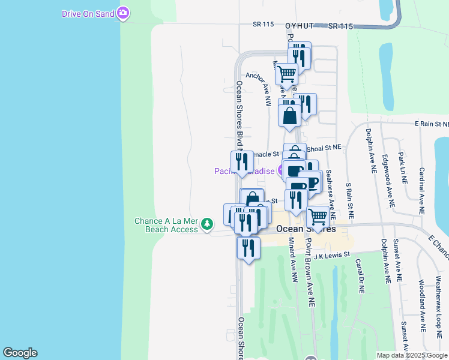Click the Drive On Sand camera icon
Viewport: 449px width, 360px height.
(x=124, y=13)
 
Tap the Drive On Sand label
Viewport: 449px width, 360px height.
(x=88, y=13)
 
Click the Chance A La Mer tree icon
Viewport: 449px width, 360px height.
(x=207, y=224)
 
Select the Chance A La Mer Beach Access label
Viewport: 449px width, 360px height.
(x=166, y=225)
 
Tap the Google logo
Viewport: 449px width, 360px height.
(x=20, y=353)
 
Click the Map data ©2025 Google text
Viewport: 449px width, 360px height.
(x=412, y=355)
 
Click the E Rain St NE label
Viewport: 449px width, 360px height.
(x=431, y=124)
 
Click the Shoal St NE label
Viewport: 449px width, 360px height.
(x=324, y=147)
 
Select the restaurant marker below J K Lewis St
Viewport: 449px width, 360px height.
(x=248, y=247)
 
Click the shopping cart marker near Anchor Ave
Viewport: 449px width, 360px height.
(x=287, y=74)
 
